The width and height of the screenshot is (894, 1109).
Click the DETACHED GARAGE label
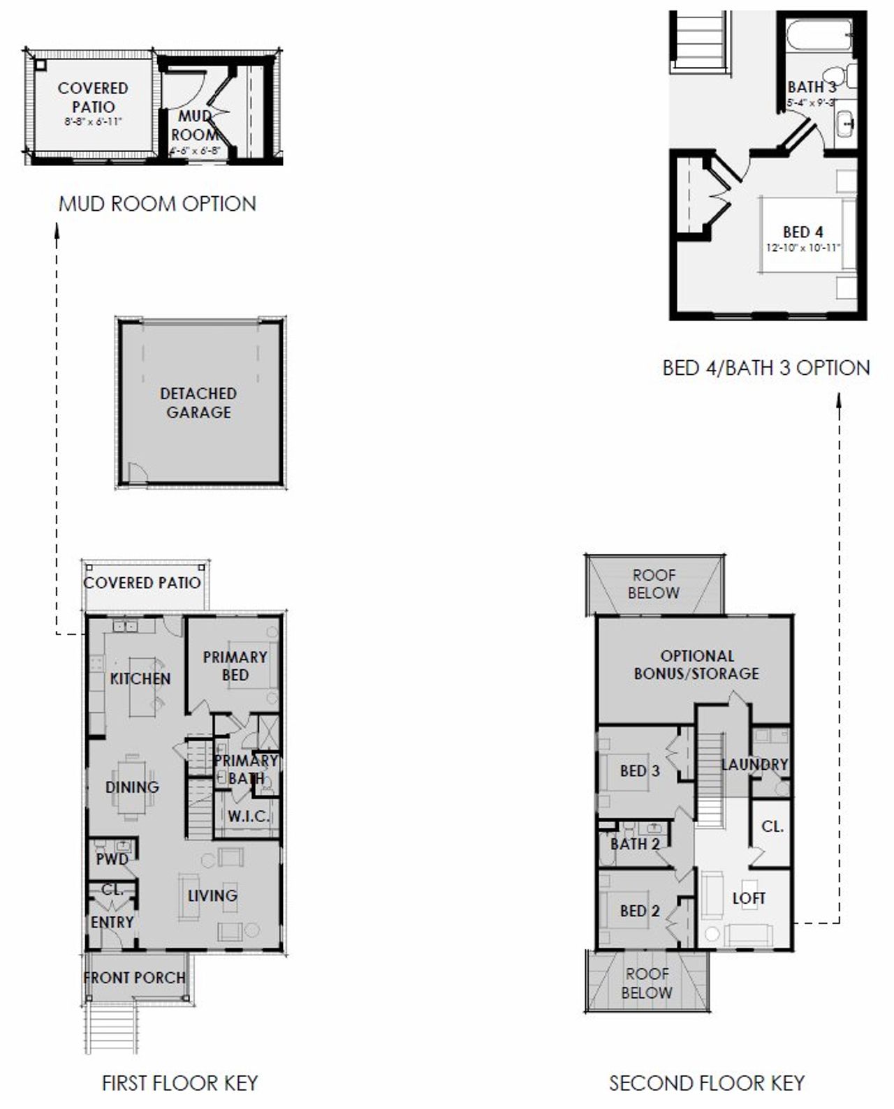point(198,403)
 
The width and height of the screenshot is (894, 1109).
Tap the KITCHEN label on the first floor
point(140,678)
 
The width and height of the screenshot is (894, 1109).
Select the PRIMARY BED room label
point(235,666)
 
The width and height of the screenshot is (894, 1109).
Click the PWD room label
point(112,859)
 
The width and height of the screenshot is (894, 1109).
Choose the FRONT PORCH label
point(135,978)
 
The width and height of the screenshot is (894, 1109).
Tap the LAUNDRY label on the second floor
point(754,765)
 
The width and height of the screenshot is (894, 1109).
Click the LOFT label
point(749,898)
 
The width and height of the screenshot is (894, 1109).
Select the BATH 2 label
point(635,844)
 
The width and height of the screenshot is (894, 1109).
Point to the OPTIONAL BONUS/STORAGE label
point(696,664)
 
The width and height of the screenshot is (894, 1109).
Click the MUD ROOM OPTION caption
point(157,204)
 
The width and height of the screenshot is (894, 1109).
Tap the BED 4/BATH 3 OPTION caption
point(766,368)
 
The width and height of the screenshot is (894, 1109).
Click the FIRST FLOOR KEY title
point(179,1082)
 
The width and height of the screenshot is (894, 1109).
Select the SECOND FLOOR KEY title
point(706,1082)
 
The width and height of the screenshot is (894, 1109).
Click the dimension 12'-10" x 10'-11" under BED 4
point(803,248)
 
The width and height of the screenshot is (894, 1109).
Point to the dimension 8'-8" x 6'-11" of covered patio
point(92,121)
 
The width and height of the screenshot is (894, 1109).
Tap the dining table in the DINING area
point(131,787)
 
